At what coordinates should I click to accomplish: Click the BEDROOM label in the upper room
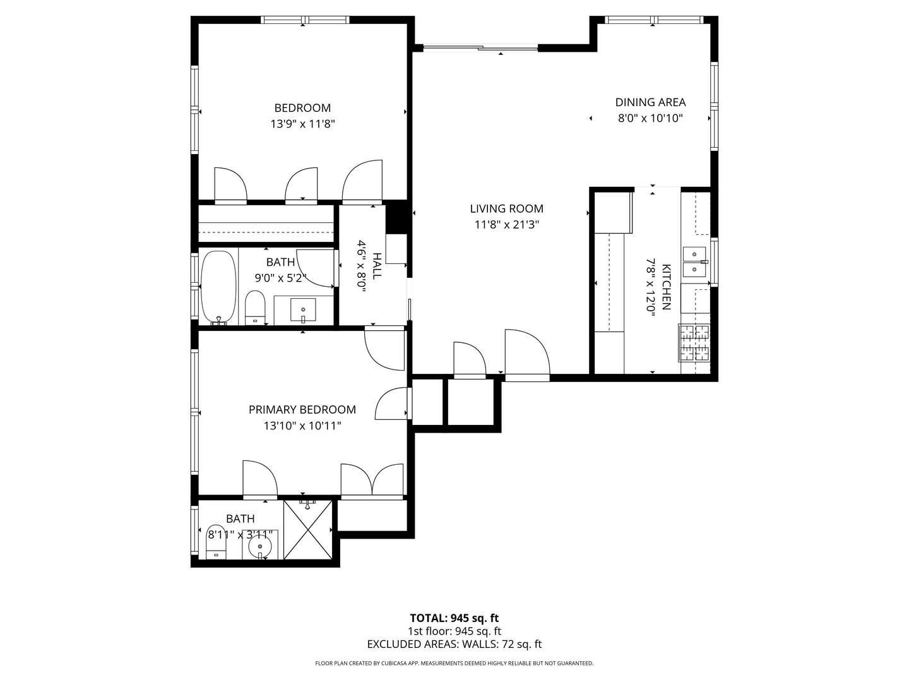click(302, 108)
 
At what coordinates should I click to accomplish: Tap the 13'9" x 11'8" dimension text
click(302, 124)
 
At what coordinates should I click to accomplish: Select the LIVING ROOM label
click(506, 208)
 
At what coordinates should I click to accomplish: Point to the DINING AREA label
click(650, 102)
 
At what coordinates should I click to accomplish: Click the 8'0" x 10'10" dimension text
click(650, 118)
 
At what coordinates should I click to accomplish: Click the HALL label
click(377, 266)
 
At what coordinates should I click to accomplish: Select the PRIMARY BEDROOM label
click(302, 410)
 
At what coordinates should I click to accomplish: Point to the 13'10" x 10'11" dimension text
click(302, 426)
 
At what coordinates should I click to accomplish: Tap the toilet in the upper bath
click(255, 308)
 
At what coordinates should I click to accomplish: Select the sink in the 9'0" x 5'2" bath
click(303, 310)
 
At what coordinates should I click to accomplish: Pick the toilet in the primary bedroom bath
click(216, 542)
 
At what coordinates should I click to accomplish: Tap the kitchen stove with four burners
click(694, 343)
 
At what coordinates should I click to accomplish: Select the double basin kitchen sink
click(694, 261)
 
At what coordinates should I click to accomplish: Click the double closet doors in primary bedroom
click(372, 481)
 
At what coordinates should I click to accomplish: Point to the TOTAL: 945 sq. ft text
click(454, 618)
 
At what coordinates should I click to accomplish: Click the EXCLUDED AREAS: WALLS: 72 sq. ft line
click(454, 645)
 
